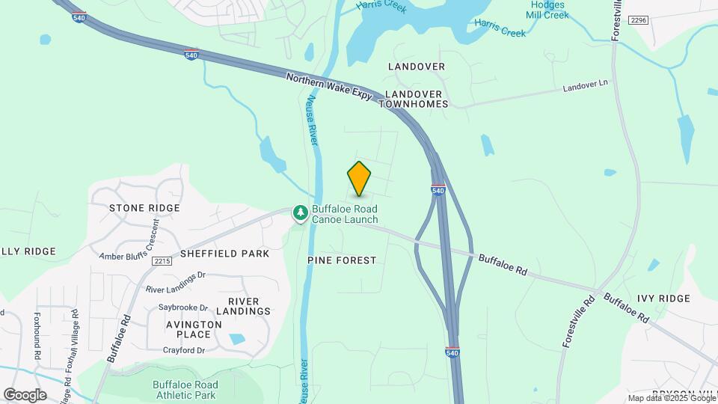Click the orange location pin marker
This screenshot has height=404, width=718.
click(x=359, y=179)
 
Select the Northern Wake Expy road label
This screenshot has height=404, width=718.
click(x=329, y=89)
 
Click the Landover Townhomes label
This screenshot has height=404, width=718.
click(x=416, y=100)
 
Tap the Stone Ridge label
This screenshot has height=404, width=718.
click(x=144, y=208)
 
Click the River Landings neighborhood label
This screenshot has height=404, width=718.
click(x=243, y=306)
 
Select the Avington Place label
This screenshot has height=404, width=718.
click(x=194, y=330)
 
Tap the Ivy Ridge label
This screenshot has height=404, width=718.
click(x=663, y=299)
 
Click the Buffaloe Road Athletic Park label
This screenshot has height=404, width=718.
click(x=185, y=390)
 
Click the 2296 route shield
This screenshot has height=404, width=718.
click(x=638, y=20)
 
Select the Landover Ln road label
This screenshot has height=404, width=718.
click(x=586, y=88)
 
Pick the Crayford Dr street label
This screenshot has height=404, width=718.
click(x=184, y=350)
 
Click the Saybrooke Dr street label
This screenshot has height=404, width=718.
click(x=183, y=307)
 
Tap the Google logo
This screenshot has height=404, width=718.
click(x=25, y=394)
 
